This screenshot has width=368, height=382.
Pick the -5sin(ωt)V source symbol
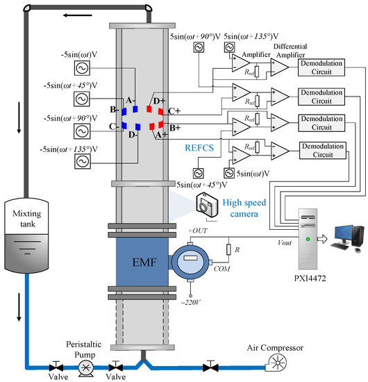(x=82, y=68)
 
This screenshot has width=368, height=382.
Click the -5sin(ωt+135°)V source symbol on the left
(x=82, y=160)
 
